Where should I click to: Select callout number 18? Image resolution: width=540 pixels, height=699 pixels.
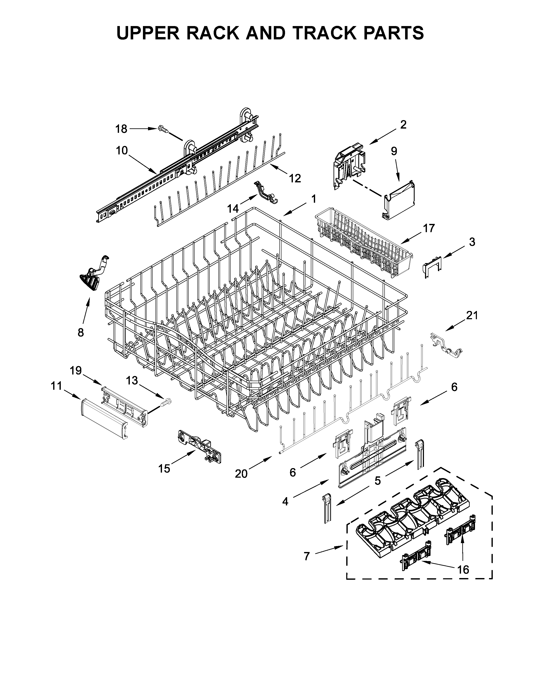click(121, 129)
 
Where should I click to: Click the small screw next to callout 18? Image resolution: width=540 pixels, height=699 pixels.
click(163, 129)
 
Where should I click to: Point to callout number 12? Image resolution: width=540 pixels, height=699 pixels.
click(295, 178)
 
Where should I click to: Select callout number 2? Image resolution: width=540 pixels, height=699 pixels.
click(403, 125)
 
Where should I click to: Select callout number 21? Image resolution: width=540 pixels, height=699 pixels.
click(472, 316)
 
